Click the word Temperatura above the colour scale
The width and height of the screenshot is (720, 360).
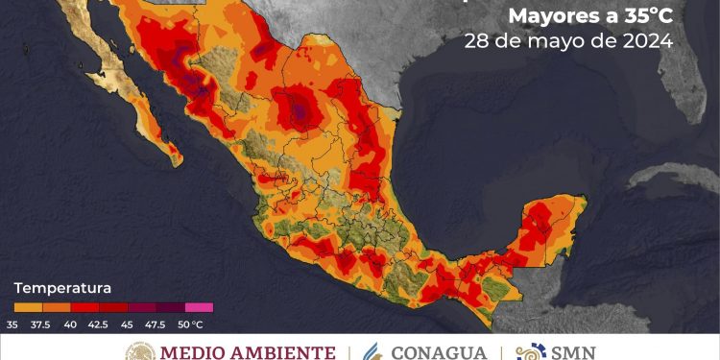pyautogui.click(x=62, y=288)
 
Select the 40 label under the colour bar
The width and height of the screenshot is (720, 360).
pyautogui.click(x=69, y=323)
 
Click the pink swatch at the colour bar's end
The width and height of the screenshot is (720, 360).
pyautogui.click(x=199, y=308)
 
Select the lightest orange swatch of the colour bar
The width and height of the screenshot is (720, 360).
pyautogui.click(x=30, y=308)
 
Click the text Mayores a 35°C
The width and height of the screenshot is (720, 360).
pyautogui.click(x=589, y=16)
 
